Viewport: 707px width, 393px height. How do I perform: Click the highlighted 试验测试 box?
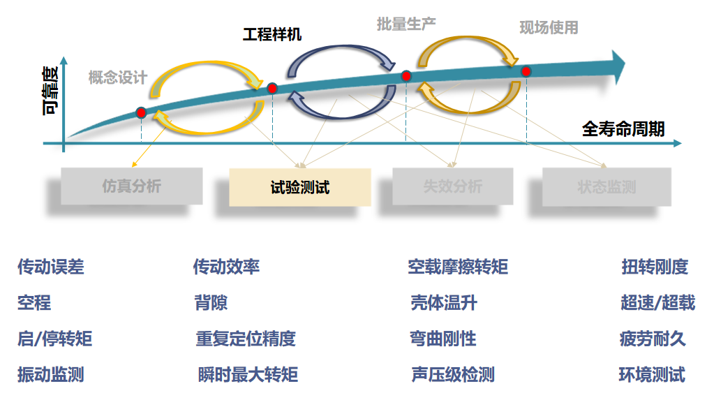[300, 186]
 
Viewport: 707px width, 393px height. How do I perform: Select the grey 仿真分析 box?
[131, 186]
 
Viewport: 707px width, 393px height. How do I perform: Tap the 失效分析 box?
[452, 186]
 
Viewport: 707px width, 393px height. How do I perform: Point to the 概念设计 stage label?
[117, 77]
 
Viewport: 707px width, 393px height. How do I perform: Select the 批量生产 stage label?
[406, 24]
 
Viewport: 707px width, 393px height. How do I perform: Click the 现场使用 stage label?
[549, 27]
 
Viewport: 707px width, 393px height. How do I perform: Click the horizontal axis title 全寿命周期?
[623, 128]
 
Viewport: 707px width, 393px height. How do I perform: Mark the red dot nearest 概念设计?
[141, 112]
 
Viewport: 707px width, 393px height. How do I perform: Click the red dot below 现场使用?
[526, 71]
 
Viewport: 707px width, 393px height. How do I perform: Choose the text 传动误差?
[51, 267]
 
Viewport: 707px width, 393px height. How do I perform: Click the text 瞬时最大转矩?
[248, 375]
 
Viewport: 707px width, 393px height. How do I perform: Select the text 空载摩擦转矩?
[458, 267]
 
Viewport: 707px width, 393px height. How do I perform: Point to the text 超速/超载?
[657, 302]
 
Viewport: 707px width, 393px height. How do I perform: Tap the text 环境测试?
[652, 374]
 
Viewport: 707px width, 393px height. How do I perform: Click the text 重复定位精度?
[246, 339]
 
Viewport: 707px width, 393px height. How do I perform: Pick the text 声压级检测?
[453, 375]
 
